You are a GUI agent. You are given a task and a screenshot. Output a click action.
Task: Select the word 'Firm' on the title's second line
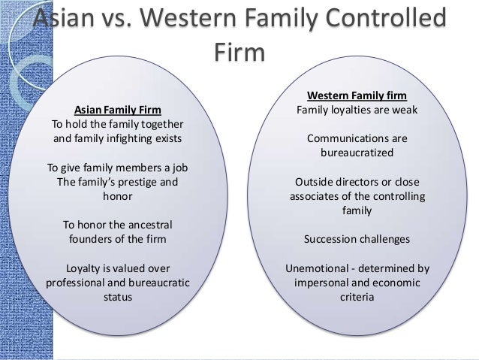[239, 55]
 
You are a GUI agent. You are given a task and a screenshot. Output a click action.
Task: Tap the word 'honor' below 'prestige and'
[116, 196]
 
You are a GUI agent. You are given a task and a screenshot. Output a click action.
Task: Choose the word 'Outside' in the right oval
[315, 182]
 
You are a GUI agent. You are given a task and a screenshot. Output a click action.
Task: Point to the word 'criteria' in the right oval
[357, 297]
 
